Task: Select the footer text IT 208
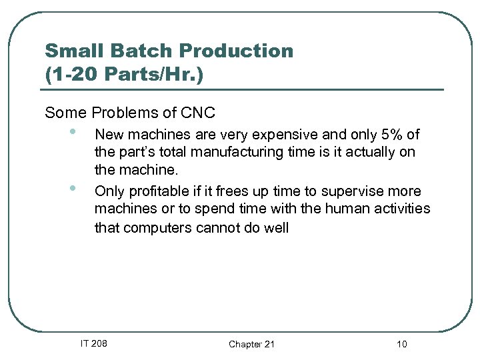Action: [94, 344]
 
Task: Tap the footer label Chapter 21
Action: [251, 344]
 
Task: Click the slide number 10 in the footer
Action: [401, 344]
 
